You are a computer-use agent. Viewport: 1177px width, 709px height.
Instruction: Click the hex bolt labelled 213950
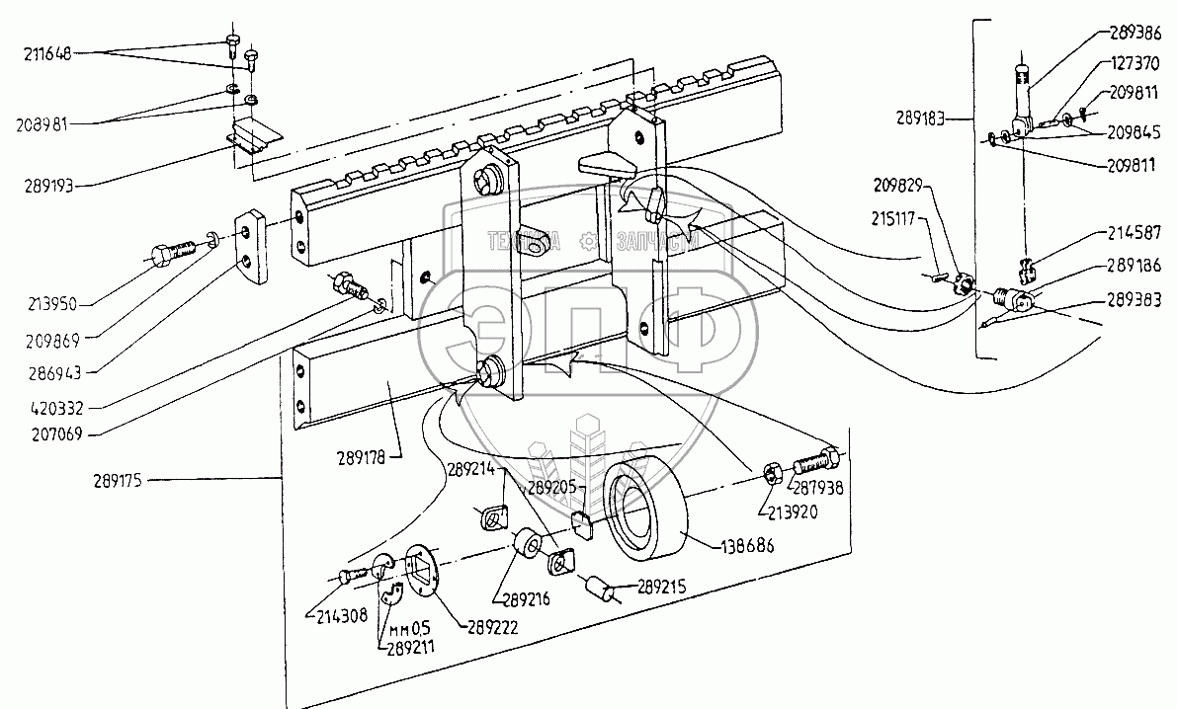171,253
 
